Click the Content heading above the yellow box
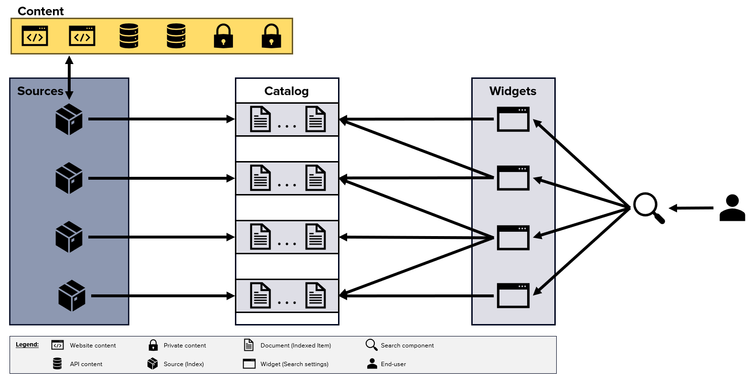click(x=41, y=11)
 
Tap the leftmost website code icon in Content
click(x=35, y=36)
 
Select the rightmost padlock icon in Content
click(x=271, y=36)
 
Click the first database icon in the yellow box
click(x=129, y=36)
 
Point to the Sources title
click(x=40, y=91)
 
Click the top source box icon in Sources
click(x=69, y=119)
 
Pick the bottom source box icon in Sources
click(x=72, y=296)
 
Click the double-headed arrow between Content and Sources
click(x=69, y=76)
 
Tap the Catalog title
click(x=286, y=91)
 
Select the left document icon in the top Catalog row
click(x=261, y=119)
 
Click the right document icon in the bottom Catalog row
click(x=316, y=295)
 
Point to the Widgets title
click(x=513, y=91)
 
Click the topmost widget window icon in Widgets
click(x=513, y=119)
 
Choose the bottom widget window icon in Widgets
click(x=513, y=295)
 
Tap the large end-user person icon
click(x=732, y=208)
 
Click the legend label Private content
click(x=185, y=346)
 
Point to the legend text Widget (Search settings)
click(x=294, y=364)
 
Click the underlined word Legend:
click(x=27, y=345)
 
